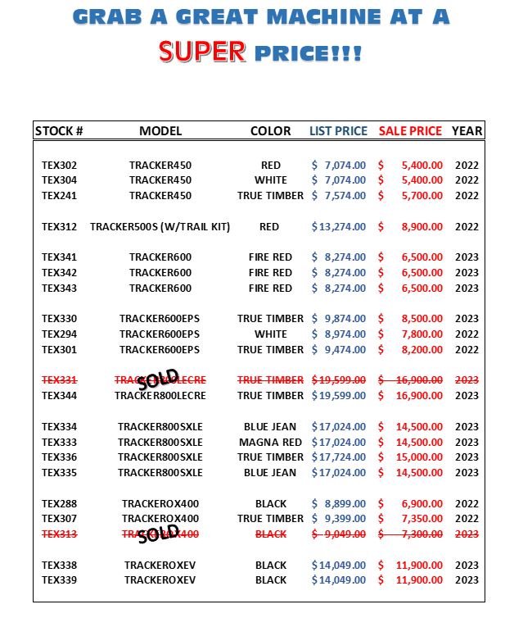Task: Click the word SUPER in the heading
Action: [202, 52]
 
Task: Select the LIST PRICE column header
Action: [339, 131]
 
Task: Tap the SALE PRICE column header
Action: [410, 131]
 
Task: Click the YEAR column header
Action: [467, 131]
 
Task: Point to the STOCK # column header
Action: [59, 131]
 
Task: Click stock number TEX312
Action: [59, 227]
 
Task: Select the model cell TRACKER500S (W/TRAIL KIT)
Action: [160, 227]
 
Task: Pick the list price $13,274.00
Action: [339, 227]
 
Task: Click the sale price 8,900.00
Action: [422, 227]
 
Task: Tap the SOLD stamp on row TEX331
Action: [158, 380]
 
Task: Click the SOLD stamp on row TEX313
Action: [158, 534]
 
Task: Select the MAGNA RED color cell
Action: [270, 442]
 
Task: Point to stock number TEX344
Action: [59, 396]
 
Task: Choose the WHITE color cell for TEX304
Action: [270, 180]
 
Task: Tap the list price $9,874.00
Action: [339, 319]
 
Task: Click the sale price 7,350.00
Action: [422, 519]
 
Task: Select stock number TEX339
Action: [59, 580]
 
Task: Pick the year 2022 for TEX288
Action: [467, 504]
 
